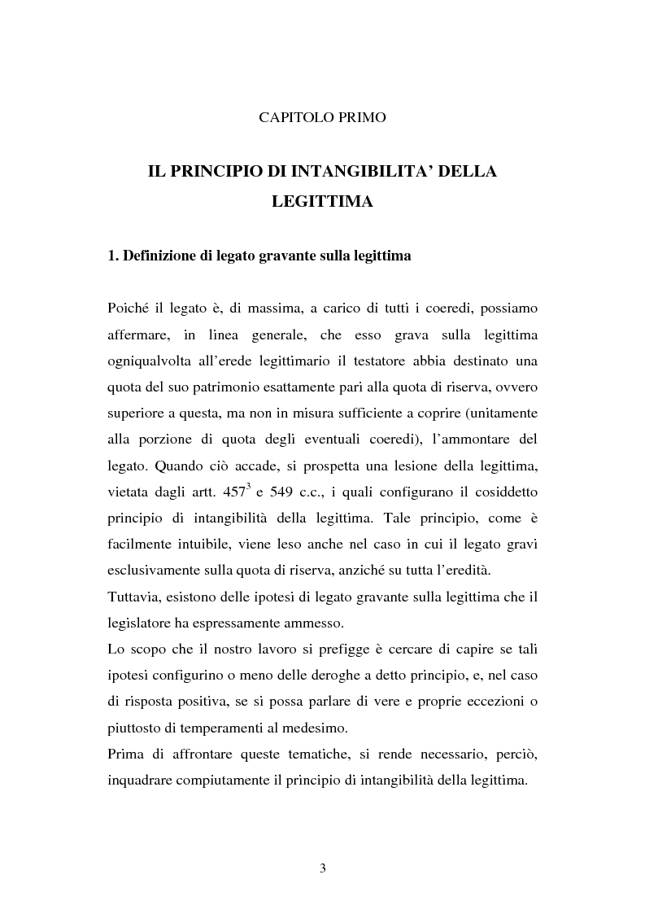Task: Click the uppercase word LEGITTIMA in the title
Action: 322,202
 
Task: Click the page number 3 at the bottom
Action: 323,868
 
